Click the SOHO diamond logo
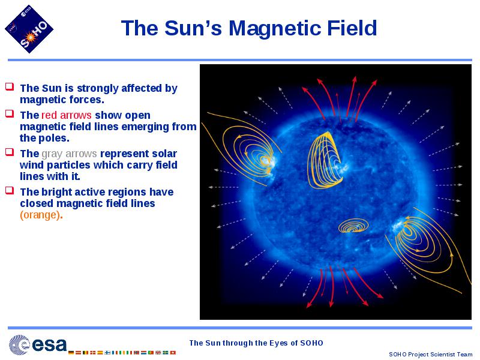coord(29,29)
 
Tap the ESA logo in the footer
coord(38,344)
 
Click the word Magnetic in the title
coord(275,28)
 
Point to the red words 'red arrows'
coord(66,115)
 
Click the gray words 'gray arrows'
coord(69,154)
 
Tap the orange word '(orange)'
coord(40,215)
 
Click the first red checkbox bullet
coord(10,86)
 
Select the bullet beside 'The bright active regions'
coord(10,190)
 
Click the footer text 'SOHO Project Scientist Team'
coord(430,354)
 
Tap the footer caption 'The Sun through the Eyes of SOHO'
coord(256,343)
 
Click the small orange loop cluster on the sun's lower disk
coord(353,226)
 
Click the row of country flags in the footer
coord(122,353)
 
